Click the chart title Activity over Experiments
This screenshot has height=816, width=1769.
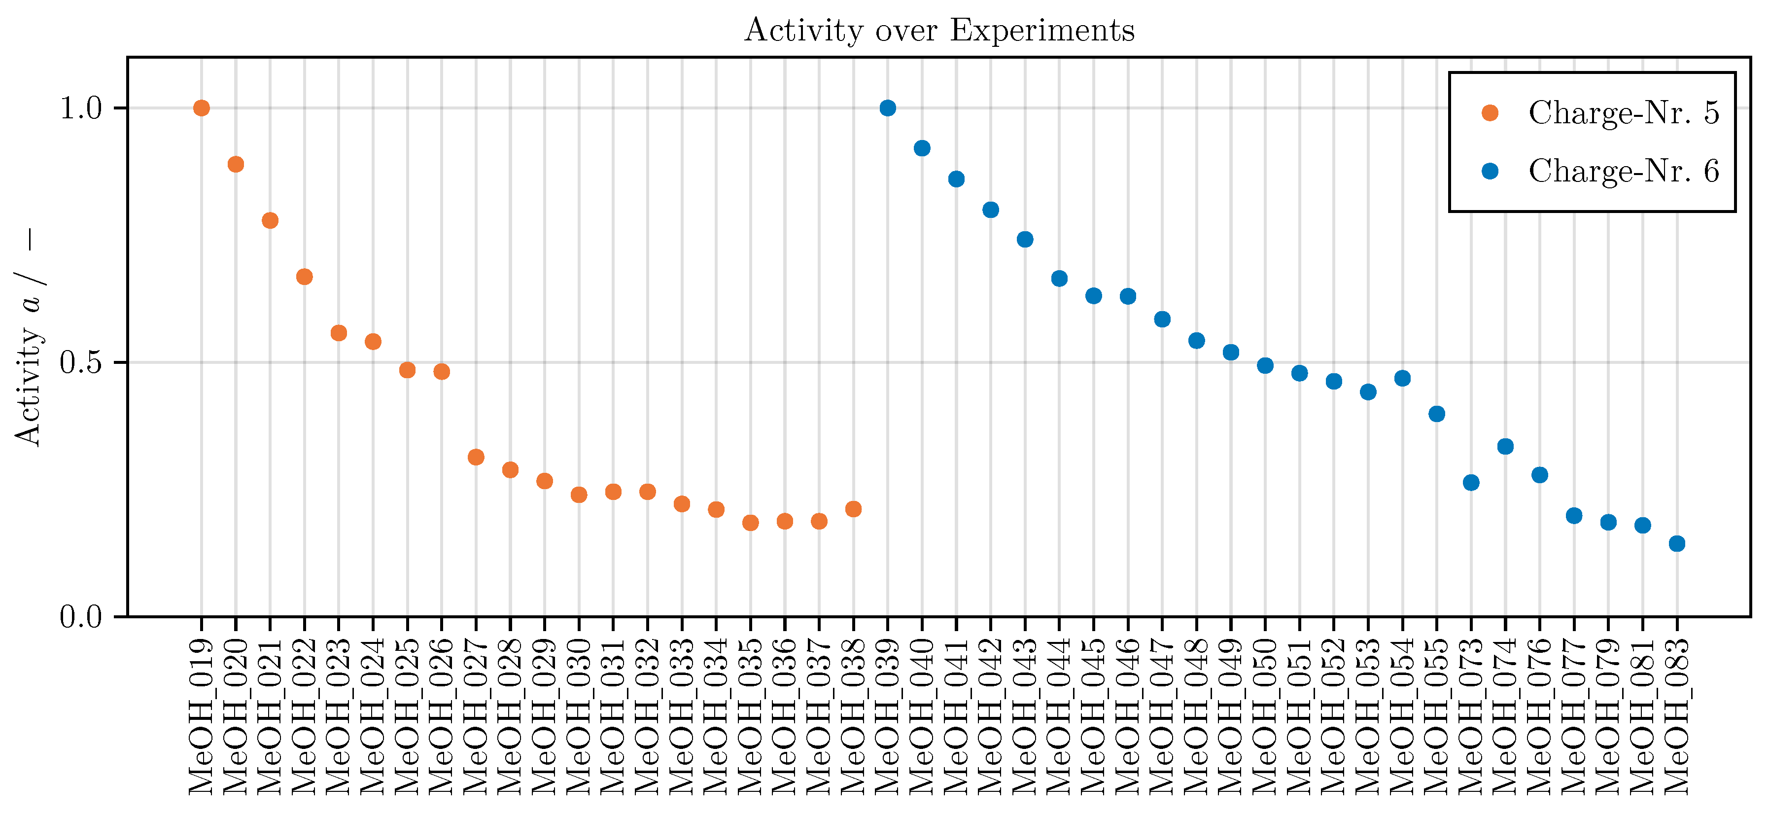[939, 30]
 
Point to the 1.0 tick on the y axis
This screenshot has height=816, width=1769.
[80, 108]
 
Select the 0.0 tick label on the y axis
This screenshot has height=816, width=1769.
[80, 617]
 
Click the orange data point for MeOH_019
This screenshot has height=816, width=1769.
[201, 108]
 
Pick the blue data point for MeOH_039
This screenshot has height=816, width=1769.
[887, 108]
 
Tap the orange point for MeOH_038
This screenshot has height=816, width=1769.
[853, 509]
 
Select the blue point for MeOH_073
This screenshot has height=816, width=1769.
[1471, 482]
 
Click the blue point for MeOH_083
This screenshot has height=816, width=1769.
[1677, 543]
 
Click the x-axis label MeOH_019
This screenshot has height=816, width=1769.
[201, 716]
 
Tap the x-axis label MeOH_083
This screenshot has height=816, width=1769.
[1677, 716]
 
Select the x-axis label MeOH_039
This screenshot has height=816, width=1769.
[887, 716]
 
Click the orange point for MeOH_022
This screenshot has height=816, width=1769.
[304, 277]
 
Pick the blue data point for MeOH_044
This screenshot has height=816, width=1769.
[1059, 278]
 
